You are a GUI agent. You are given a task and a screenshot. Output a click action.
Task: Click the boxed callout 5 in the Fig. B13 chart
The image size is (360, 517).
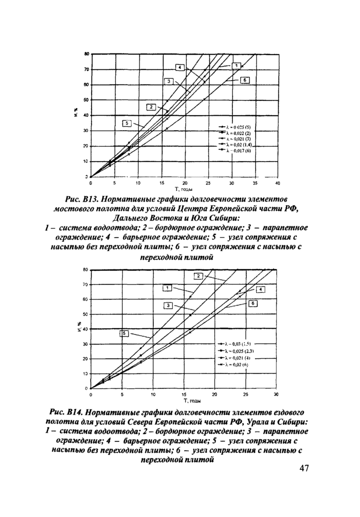click(127, 123)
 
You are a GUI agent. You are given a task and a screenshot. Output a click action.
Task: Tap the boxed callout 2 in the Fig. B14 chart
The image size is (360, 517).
click(197, 276)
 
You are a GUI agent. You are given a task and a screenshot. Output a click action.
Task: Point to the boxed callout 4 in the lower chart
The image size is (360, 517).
click(261, 290)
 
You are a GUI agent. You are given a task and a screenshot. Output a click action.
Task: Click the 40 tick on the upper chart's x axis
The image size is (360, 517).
click(277, 183)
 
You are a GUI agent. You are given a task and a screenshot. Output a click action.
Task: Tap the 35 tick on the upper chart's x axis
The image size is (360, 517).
click(254, 183)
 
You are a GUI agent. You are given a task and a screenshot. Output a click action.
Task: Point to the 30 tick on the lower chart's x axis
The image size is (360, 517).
click(276, 395)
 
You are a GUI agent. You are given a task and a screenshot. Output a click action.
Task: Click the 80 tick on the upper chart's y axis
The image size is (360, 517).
click(86, 54)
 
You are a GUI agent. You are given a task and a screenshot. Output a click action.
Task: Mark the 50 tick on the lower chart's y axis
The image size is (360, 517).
click(86, 314)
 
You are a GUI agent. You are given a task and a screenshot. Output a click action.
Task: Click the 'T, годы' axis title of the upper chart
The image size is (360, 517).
click(184, 189)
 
